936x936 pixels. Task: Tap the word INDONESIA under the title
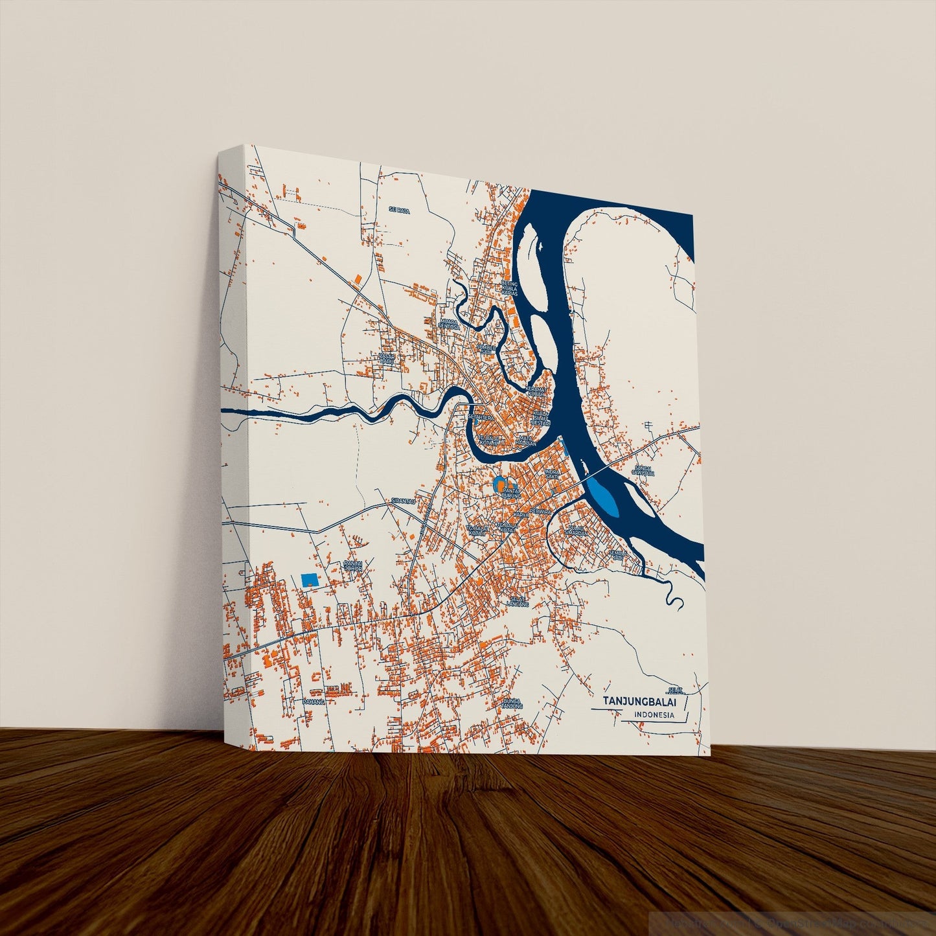click(654, 715)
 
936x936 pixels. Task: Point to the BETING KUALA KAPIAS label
click(510, 288)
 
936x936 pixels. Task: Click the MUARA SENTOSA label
click(448, 323)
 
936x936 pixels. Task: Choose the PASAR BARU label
click(387, 358)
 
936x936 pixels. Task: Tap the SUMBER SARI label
click(486, 349)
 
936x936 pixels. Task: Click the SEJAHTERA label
click(480, 418)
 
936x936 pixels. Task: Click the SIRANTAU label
click(402, 501)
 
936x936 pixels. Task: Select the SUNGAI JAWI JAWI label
click(643, 470)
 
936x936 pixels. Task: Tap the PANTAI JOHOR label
click(353, 565)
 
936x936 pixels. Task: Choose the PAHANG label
click(313, 701)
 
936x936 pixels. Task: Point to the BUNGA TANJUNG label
click(512, 703)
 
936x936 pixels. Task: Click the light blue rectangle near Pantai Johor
click(310, 580)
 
